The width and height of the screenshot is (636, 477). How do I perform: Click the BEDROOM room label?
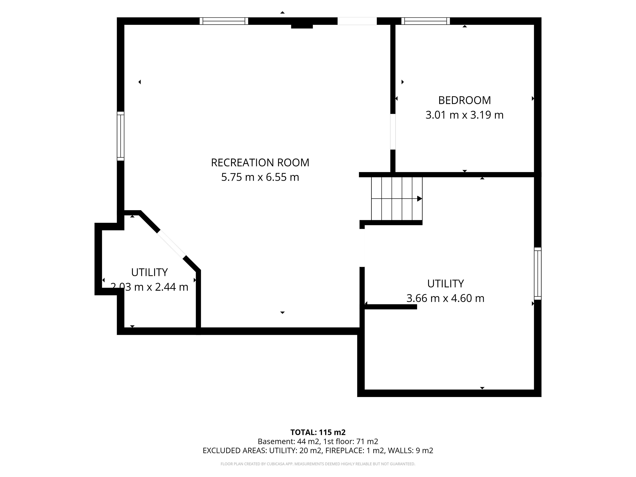[464, 100]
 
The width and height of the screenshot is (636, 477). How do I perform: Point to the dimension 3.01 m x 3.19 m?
[464, 115]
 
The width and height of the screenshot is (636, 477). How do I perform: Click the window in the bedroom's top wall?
[425, 21]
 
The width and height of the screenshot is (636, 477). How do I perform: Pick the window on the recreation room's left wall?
[120, 136]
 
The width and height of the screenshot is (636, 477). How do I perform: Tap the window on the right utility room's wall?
[538, 273]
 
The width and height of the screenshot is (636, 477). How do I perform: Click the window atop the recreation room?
[224, 21]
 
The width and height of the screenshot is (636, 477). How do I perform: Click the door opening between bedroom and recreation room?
[393, 132]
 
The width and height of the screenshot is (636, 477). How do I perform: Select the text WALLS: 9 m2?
[411, 450]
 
